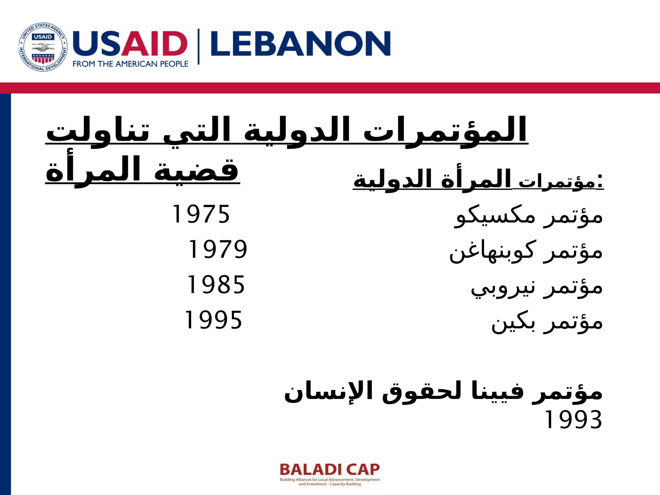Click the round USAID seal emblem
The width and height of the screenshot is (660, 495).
(43, 47)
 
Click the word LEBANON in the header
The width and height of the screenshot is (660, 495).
(300, 44)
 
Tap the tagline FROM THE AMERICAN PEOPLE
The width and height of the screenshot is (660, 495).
(130, 64)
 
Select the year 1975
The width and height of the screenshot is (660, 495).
(201, 214)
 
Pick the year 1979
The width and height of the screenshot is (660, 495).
(218, 249)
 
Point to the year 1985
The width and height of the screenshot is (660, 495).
(216, 285)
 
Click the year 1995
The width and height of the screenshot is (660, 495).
(213, 320)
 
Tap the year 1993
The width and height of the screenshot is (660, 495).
(573, 420)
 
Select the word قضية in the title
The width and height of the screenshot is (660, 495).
(196, 169)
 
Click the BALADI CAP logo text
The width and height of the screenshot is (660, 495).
(330, 470)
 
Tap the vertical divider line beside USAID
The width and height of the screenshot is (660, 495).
(199, 47)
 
